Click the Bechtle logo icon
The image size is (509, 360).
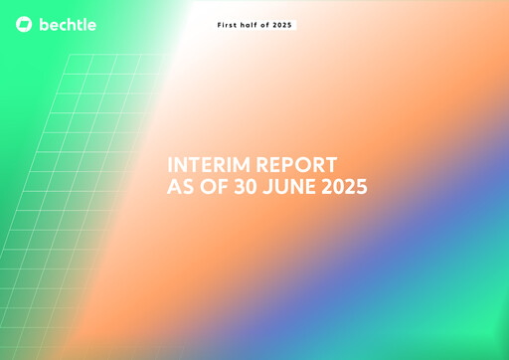(x=25, y=24)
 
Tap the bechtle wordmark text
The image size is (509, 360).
(x=68, y=24)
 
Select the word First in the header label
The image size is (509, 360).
(x=228, y=24)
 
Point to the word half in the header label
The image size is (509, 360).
(x=252, y=24)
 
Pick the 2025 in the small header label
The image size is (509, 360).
(x=284, y=24)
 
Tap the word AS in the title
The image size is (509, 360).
(x=178, y=186)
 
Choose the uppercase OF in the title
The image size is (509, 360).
(x=214, y=186)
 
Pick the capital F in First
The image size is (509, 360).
(x=220, y=24)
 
